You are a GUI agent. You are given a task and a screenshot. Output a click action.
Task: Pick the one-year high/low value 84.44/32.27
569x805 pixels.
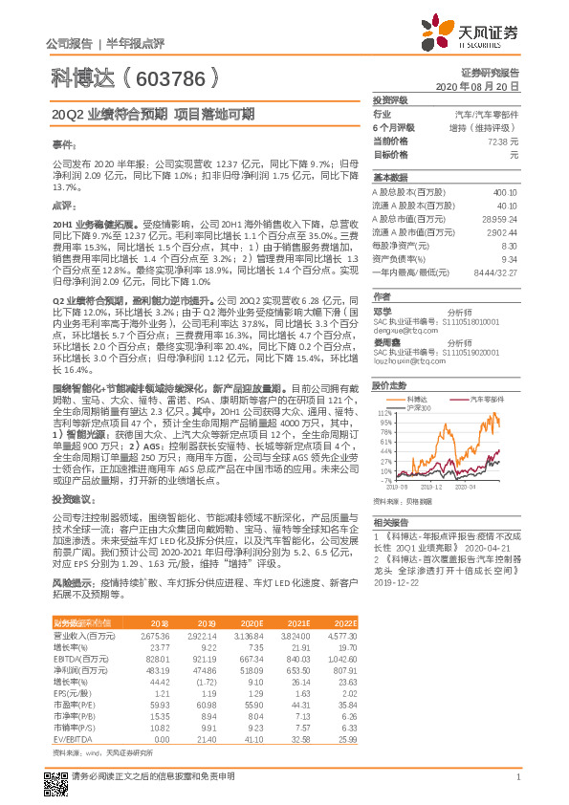(497, 272)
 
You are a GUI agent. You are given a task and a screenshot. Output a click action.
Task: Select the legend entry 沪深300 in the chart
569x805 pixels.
(418, 406)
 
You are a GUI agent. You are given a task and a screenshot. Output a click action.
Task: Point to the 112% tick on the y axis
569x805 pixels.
(385, 413)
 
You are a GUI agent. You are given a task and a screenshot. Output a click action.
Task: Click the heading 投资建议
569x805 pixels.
(73, 500)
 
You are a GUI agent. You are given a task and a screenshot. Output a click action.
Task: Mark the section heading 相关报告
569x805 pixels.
(390, 522)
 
